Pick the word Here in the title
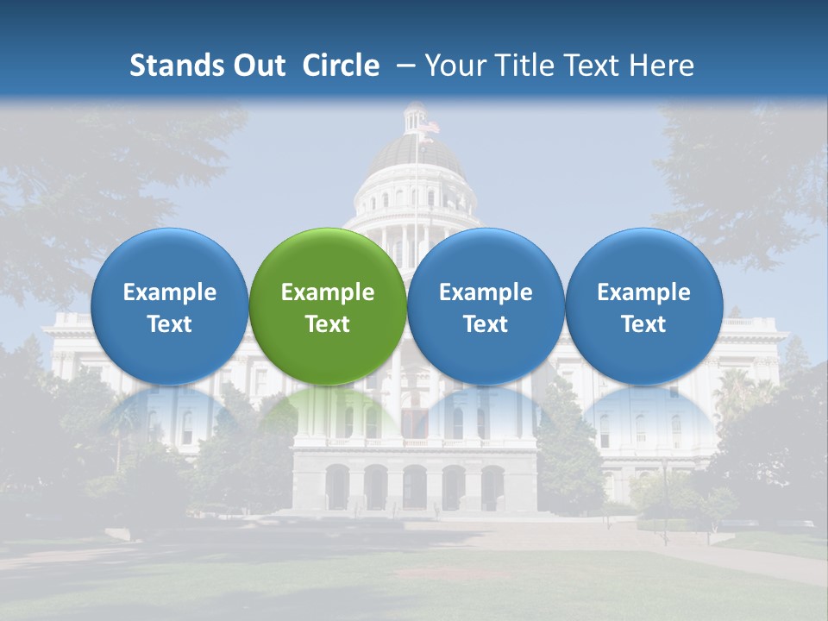click(x=661, y=66)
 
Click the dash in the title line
click(x=404, y=66)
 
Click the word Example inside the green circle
click(x=328, y=292)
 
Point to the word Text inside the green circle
click(x=328, y=324)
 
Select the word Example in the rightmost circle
click(x=643, y=292)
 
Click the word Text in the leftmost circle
click(x=170, y=324)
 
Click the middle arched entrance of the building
click(x=415, y=487)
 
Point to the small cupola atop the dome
click(x=416, y=117)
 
